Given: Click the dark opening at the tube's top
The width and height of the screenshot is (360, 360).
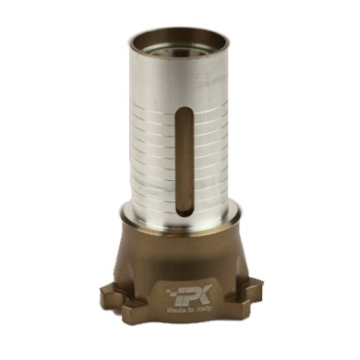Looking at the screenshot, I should [181, 41].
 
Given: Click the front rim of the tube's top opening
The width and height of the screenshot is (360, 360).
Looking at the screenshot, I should [181, 57].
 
